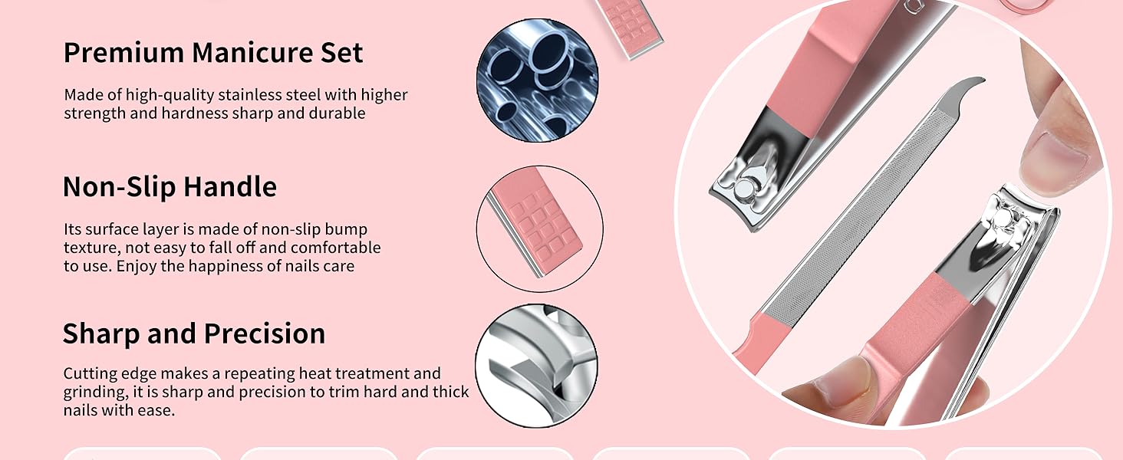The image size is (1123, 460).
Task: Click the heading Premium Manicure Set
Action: point(212,53)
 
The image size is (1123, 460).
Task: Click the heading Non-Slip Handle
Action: point(170,187)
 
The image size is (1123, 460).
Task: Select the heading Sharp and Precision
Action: point(193,334)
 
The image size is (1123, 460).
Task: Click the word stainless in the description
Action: point(250,95)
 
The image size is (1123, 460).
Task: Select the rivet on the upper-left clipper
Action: point(743,186)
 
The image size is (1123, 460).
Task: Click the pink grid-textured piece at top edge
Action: point(629,23)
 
